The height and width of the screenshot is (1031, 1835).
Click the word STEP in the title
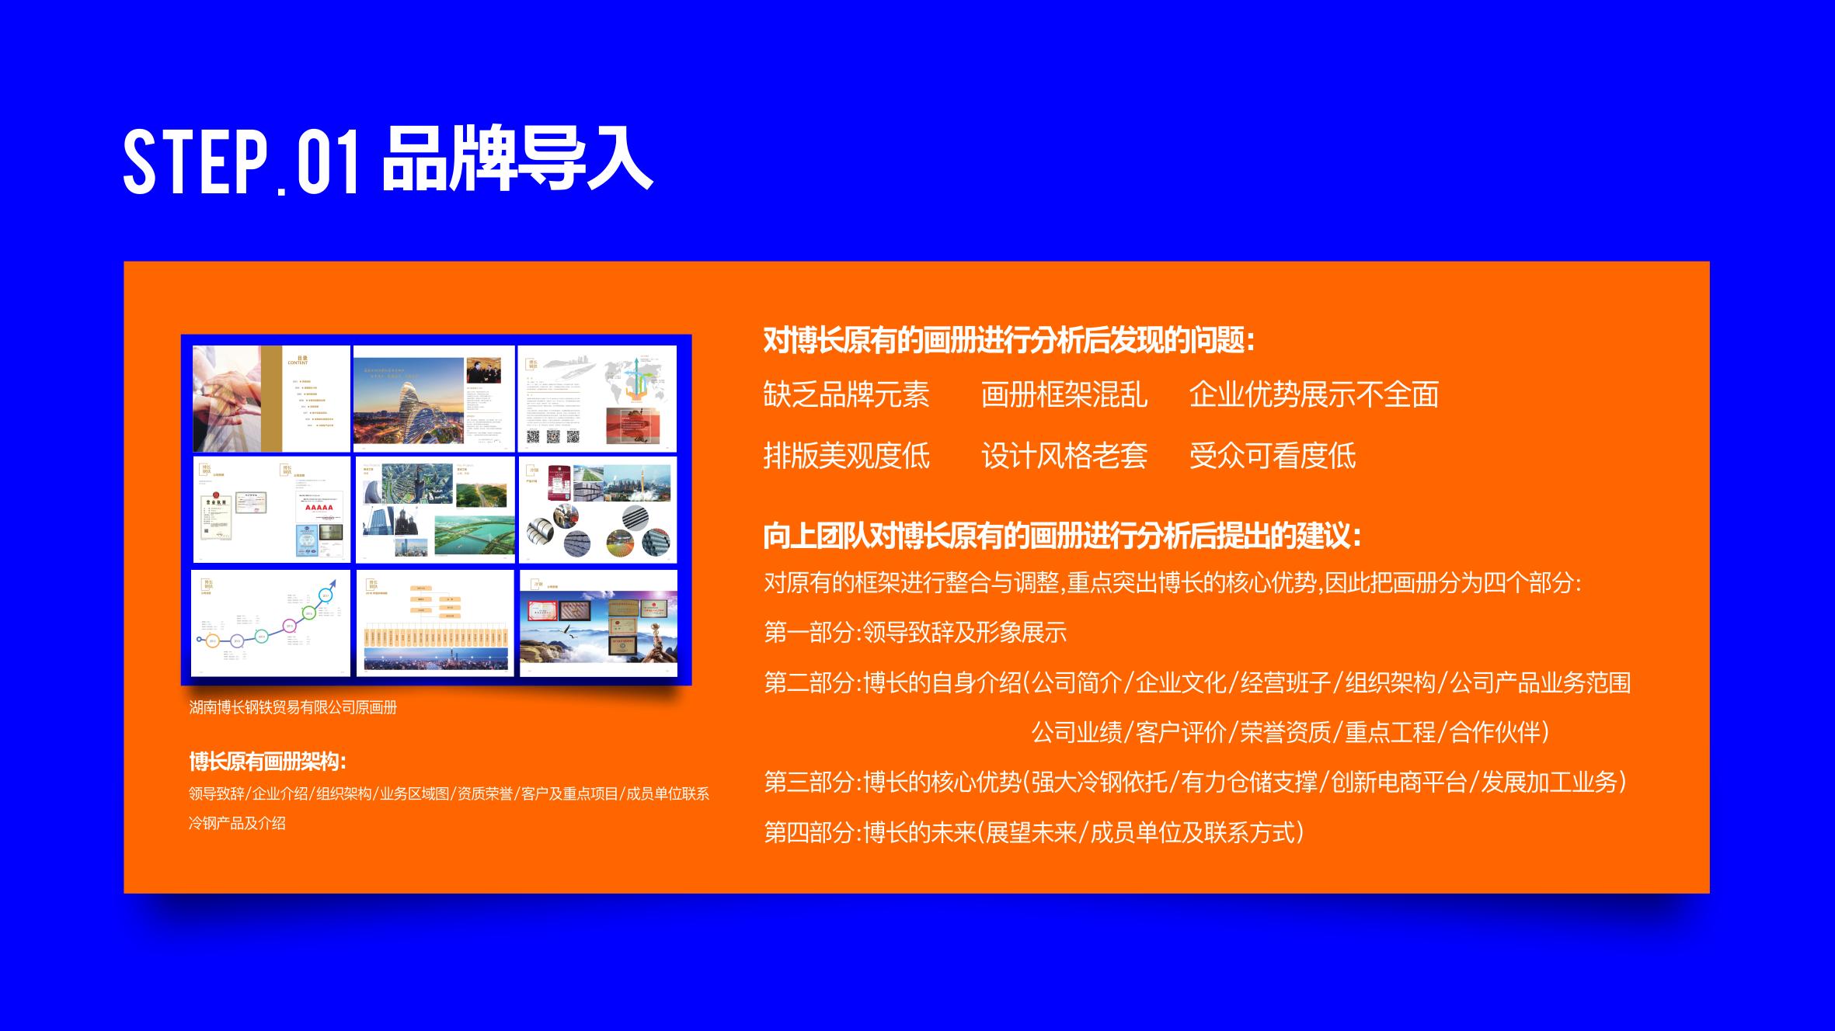(195, 162)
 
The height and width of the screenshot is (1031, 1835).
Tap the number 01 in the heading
(328, 162)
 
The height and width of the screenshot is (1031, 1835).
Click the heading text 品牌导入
(517, 158)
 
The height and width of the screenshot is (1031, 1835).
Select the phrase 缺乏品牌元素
(846, 394)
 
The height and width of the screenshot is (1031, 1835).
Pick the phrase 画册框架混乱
(1064, 394)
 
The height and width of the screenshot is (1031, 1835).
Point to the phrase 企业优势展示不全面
(1314, 394)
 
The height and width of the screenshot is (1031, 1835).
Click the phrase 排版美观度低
(846, 456)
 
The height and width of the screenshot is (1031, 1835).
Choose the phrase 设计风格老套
(1064, 456)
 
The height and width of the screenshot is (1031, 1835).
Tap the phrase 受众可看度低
(1272, 456)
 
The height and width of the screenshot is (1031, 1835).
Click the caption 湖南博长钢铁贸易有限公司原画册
(293, 707)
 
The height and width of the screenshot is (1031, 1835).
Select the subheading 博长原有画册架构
(267, 762)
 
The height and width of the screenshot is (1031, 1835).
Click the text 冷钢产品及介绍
(237, 823)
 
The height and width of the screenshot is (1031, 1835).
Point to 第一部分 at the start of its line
(809, 633)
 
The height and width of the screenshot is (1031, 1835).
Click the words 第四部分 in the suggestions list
(809, 833)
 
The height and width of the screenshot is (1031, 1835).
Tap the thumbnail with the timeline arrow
(271, 623)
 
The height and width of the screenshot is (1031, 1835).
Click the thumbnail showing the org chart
(435, 623)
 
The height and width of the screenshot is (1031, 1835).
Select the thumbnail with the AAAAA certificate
(271, 510)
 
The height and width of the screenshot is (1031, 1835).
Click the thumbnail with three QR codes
(597, 398)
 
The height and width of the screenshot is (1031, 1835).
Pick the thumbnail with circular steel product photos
(597, 510)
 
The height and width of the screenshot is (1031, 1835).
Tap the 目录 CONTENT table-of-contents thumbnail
(271, 398)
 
